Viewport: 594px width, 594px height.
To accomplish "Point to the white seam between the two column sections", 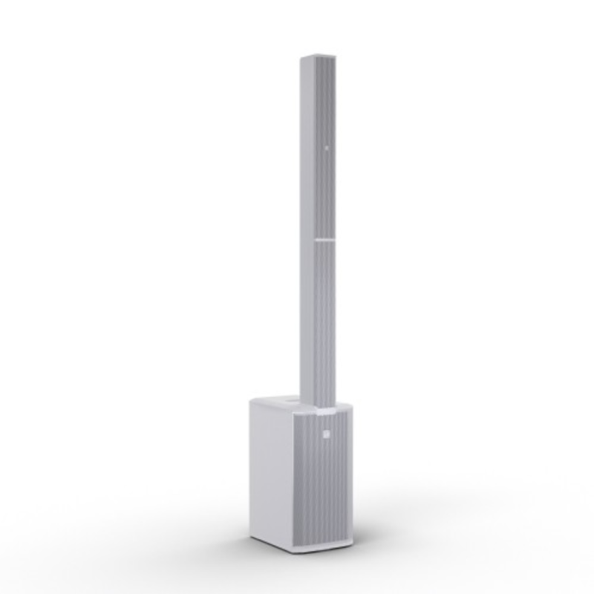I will (x=324, y=240).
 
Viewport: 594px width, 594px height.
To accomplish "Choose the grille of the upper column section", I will (x=326, y=148).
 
